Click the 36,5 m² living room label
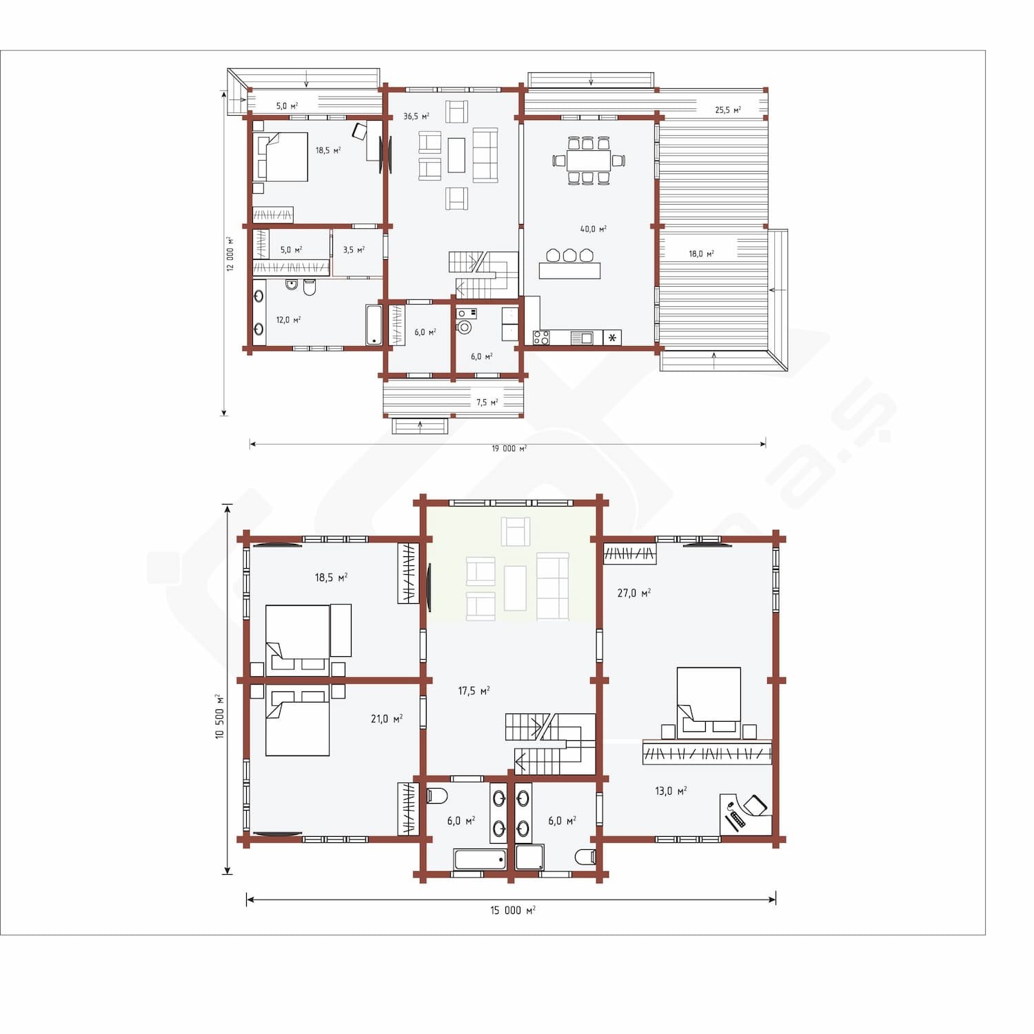point(416,116)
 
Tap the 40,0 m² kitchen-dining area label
point(593,229)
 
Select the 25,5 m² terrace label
point(728,110)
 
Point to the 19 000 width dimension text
point(509,449)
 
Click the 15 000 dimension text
point(513,911)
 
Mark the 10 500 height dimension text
point(220,717)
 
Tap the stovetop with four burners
point(541,338)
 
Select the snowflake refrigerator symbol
point(612,338)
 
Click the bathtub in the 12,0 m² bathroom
point(374,325)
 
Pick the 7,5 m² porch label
point(487,403)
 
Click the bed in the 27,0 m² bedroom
point(709,699)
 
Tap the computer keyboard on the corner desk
point(736,820)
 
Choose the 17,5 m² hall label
point(474,691)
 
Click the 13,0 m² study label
point(671,791)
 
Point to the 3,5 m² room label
point(354,250)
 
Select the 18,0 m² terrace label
point(701,254)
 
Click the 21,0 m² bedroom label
point(387,719)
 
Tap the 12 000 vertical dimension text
point(230,254)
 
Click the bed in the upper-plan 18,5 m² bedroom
point(283,157)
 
